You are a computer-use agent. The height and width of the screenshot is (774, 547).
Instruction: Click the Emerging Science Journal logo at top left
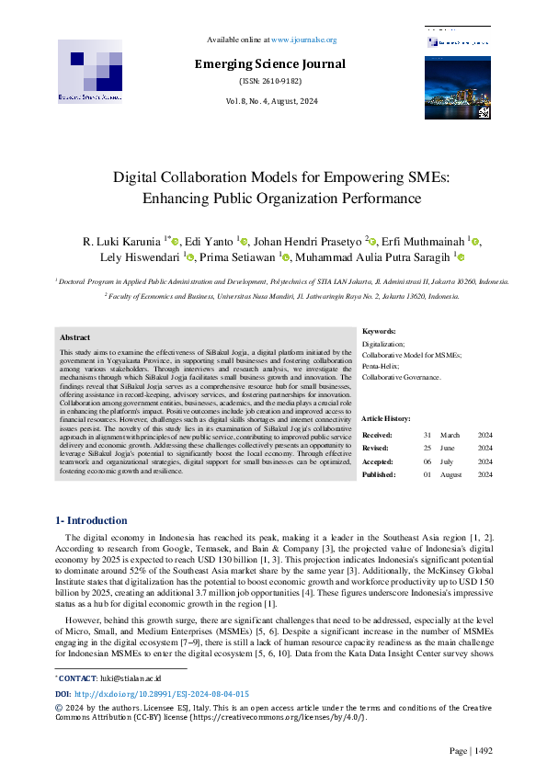89,71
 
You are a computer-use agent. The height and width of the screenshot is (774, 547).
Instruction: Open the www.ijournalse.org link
303,40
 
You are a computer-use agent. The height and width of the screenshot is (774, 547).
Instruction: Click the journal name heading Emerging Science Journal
269,64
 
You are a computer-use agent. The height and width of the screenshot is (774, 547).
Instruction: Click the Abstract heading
75,337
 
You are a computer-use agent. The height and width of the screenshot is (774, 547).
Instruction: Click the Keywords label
380,331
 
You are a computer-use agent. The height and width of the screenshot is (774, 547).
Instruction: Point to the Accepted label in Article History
380,461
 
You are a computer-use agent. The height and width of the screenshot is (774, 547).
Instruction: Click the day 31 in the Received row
427,434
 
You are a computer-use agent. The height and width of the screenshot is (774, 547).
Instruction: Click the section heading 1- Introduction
92,521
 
